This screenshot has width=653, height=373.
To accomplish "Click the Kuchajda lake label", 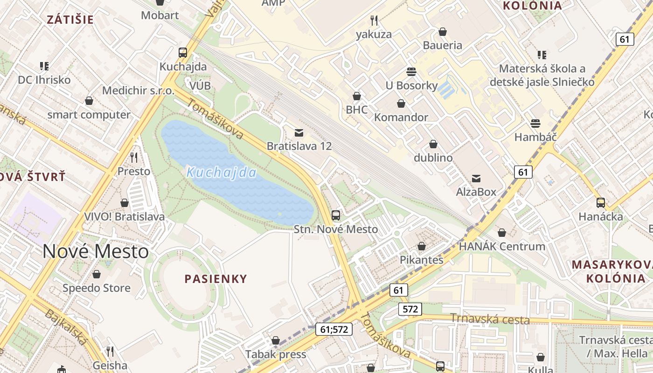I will [222, 173].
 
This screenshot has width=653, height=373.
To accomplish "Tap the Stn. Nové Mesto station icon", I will [336, 215].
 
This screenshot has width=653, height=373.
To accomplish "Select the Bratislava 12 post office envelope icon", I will [299, 133].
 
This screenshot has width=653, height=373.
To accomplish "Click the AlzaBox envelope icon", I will [476, 178].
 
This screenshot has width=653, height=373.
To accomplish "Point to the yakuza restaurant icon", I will [374, 20].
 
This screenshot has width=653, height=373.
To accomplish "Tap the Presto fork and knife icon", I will [134, 157].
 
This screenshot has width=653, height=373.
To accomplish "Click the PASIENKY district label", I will [215, 279].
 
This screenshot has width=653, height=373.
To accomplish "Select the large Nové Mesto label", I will [96, 252].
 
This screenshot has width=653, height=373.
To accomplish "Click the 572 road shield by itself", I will [410, 309].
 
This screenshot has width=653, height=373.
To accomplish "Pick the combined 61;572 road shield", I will [333, 329].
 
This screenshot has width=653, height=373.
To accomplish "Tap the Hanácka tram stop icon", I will [601, 203].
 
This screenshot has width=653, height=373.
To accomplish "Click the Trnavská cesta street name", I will [490, 319].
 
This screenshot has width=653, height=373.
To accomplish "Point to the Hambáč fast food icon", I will [535, 124].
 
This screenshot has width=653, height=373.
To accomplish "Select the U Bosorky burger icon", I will [411, 71].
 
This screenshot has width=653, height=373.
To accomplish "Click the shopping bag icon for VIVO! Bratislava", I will [125, 203].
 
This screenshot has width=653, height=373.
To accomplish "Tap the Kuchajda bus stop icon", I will [183, 53].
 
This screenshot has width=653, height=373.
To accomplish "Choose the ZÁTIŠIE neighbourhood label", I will [70, 20].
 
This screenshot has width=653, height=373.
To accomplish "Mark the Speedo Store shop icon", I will [97, 274].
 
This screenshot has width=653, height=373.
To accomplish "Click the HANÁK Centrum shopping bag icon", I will [502, 232].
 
